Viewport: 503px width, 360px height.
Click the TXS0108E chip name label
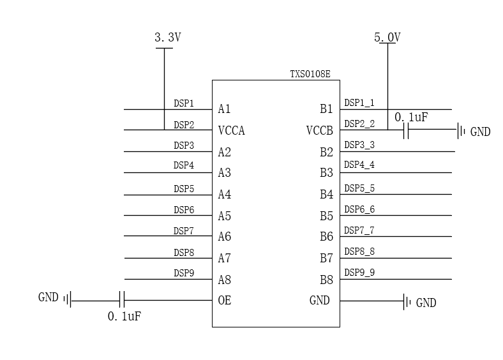click(x=310, y=74)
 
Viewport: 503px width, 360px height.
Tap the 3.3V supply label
click(x=168, y=38)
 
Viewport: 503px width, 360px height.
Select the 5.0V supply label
click(x=387, y=38)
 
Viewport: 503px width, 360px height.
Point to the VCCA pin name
click(x=231, y=131)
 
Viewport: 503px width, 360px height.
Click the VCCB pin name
click(x=320, y=131)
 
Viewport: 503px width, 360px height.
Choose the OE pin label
click(x=224, y=300)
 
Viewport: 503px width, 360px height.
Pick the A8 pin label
click(x=224, y=280)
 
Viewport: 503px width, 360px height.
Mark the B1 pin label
click(x=326, y=109)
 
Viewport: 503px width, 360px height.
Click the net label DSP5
click(x=184, y=189)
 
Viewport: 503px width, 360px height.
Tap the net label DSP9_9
click(x=359, y=273)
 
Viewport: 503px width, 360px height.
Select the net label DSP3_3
click(x=359, y=145)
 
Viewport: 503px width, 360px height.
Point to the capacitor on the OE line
click(x=123, y=300)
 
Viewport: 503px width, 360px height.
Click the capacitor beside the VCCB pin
click(x=406, y=131)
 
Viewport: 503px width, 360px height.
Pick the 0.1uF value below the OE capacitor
click(x=124, y=317)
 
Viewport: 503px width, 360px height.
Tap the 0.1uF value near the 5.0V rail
click(x=411, y=117)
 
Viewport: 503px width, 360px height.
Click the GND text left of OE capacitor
click(x=49, y=297)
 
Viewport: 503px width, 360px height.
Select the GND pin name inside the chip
click(x=319, y=300)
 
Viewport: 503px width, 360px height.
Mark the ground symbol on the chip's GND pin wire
click(x=405, y=301)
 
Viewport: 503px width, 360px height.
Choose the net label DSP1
click(x=184, y=103)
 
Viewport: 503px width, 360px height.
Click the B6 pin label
click(x=326, y=237)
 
